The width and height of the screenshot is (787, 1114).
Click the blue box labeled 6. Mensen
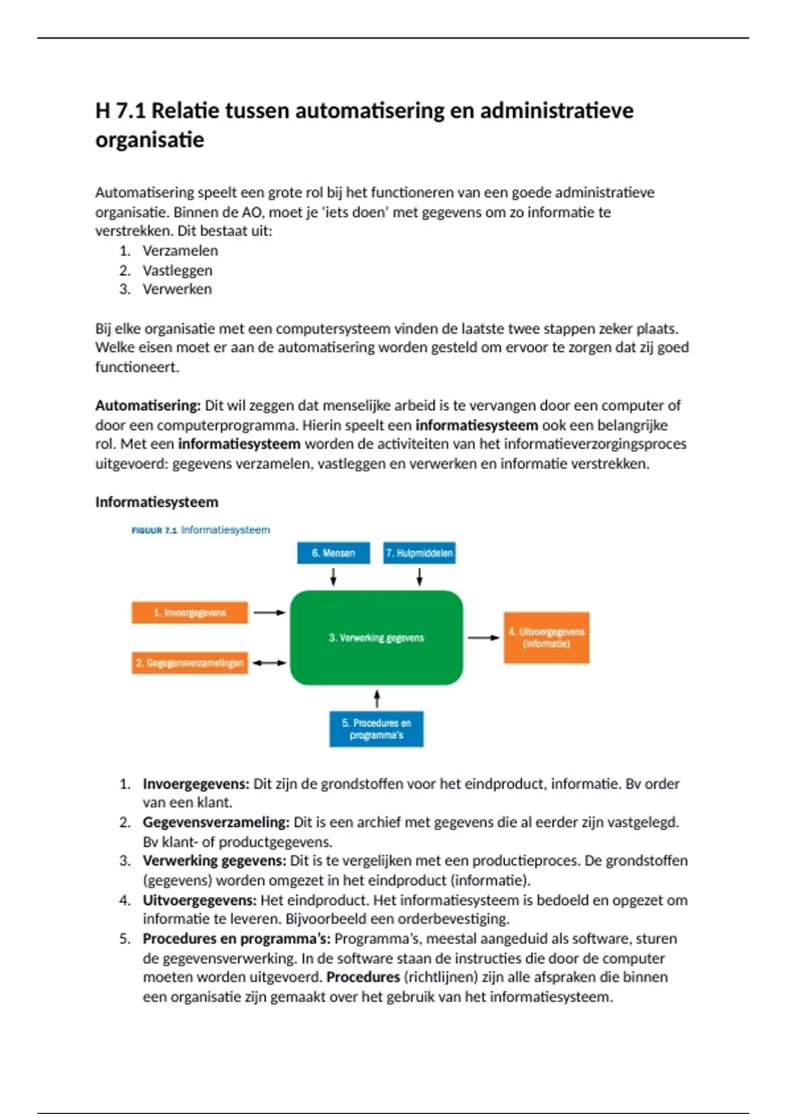point(333,553)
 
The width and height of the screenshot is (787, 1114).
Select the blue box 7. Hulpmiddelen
point(419,553)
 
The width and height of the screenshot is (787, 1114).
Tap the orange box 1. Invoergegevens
point(190,613)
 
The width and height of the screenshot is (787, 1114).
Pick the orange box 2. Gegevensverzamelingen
point(190,663)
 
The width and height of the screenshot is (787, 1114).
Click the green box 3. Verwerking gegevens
point(376,638)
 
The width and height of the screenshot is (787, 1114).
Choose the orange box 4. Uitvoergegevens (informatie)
point(546,638)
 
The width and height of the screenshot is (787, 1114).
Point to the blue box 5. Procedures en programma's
point(376,729)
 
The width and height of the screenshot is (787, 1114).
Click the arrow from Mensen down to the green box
point(333,577)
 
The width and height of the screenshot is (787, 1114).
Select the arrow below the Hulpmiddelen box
point(419,577)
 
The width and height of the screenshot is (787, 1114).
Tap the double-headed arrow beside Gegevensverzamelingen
point(270,663)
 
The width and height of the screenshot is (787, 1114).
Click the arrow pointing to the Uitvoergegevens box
point(483,638)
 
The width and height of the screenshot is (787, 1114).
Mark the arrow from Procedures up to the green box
point(376,699)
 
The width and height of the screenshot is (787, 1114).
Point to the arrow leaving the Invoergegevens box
point(270,613)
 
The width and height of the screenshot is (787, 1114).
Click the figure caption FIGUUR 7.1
point(154,530)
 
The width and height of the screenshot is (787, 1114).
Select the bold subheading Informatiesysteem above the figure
point(157,502)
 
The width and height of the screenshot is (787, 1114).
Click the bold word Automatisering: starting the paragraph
point(148,406)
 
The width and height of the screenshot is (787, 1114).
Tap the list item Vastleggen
point(177,270)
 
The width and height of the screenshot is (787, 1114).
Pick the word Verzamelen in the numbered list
point(180,250)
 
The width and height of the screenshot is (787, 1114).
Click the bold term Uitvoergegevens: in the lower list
point(199,900)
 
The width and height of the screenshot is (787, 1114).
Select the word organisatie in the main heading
point(150,140)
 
